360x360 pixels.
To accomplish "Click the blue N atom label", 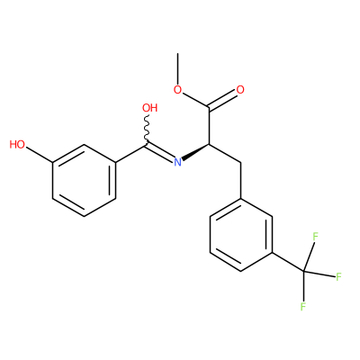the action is [x=178, y=162].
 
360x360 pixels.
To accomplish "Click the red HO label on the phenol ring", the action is [x=17, y=145].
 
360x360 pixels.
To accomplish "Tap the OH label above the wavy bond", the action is [x=150, y=108].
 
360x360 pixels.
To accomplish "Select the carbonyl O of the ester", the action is [x=240, y=89].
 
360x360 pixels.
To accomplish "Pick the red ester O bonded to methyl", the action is [x=178, y=90].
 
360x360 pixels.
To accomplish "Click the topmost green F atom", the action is [x=315, y=237].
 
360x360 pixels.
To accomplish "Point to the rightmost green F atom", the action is [x=339, y=276].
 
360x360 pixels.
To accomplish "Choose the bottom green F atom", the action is [x=303, y=307].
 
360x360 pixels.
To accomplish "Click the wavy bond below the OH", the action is [x=147, y=130].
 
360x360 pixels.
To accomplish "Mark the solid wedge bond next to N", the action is [x=196, y=152].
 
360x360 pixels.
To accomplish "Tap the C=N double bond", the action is [x=160, y=152].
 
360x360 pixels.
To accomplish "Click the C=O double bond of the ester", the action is [x=223, y=100].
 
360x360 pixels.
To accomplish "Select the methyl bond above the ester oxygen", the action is [x=178, y=68].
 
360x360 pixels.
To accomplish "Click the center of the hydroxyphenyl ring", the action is [x=85, y=181].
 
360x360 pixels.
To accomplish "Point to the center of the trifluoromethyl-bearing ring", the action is [x=241, y=235].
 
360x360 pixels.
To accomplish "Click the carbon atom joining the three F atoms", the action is [x=303, y=272].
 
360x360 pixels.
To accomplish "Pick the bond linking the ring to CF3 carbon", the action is [x=288, y=263].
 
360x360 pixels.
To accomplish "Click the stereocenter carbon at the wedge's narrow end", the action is [x=210, y=144].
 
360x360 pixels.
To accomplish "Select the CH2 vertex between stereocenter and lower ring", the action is [x=241, y=163].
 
